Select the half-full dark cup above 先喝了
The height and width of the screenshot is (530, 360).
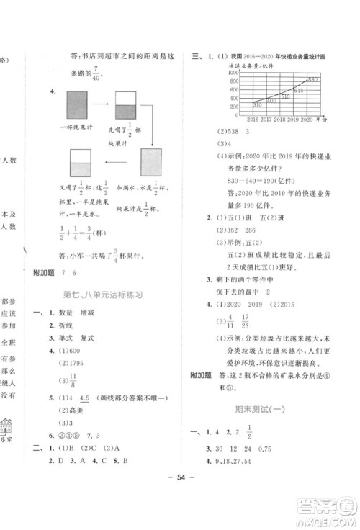click(x=125, y=107)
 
